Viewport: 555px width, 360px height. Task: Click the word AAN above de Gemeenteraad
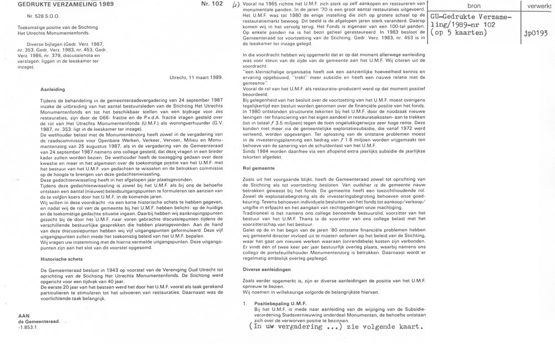click(24, 315)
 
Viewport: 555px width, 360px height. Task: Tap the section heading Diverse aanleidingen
click(269, 268)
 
